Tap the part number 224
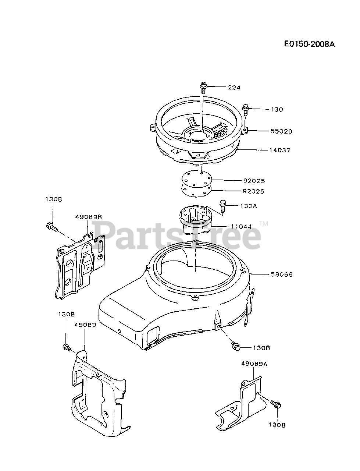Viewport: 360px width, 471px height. coord(234,88)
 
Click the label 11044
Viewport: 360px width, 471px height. coord(241,227)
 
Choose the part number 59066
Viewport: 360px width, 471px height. coord(282,274)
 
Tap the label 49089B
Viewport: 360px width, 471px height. coord(88,217)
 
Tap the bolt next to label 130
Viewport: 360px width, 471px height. coord(245,109)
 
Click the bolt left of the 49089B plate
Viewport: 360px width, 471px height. coord(51,227)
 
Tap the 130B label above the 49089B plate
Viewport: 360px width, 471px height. coord(54,199)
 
